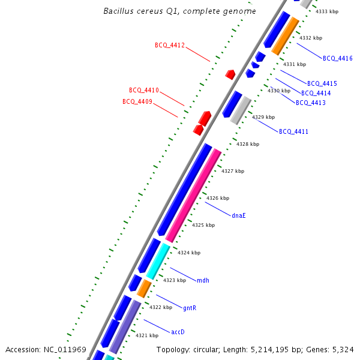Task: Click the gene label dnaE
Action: tap(238, 215)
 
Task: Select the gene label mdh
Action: tap(203, 280)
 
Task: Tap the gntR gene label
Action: tap(190, 308)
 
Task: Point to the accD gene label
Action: tap(178, 332)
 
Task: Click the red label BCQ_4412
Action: tap(169, 45)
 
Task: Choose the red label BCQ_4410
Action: tap(144, 90)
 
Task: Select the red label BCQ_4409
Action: tap(137, 101)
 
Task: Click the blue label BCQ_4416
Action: tap(338, 58)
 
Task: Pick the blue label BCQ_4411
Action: tap(293, 131)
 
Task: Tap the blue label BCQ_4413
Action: tap(311, 103)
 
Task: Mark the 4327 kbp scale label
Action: tap(233, 171)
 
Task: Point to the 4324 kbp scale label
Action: tap(189, 253)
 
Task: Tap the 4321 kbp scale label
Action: tap(147, 335)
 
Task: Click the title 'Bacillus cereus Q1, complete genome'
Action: tap(179, 11)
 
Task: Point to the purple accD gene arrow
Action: tap(125, 326)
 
